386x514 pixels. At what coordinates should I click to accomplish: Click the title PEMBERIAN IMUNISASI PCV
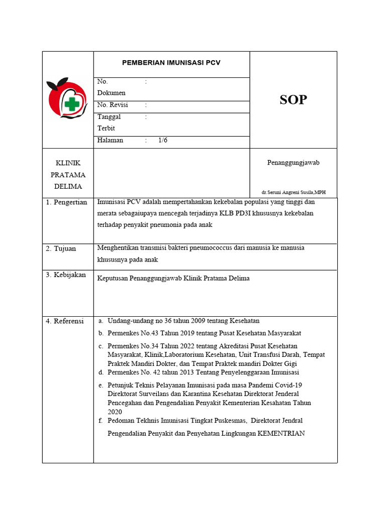pos(171,63)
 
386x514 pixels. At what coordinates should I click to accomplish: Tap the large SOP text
pos(293,100)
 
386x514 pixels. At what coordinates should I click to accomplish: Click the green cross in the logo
pos(72,104)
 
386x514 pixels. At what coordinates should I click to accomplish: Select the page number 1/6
pos(163,141)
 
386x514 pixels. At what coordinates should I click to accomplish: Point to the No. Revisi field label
pos(113,105)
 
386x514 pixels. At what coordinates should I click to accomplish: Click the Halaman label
pos(110,141)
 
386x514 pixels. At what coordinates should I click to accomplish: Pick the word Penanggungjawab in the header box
pos(293,163)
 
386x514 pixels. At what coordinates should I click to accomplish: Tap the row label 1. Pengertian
pos(66,202)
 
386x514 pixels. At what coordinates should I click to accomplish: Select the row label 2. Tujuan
pos(61,248)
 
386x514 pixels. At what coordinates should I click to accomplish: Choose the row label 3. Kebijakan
pos(65,275)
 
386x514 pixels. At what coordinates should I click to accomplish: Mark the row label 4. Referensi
pos(65,321)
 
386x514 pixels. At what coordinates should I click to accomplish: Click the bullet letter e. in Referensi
pos(101,385)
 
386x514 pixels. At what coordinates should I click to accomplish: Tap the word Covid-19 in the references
pos(288,385)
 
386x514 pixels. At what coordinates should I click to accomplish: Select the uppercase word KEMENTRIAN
pos(281,433)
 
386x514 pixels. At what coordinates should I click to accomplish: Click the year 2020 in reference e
pos(115,412)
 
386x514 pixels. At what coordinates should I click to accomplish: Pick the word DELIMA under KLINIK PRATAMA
pos(68,187)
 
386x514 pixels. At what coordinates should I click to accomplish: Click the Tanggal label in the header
pos(109,116)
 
